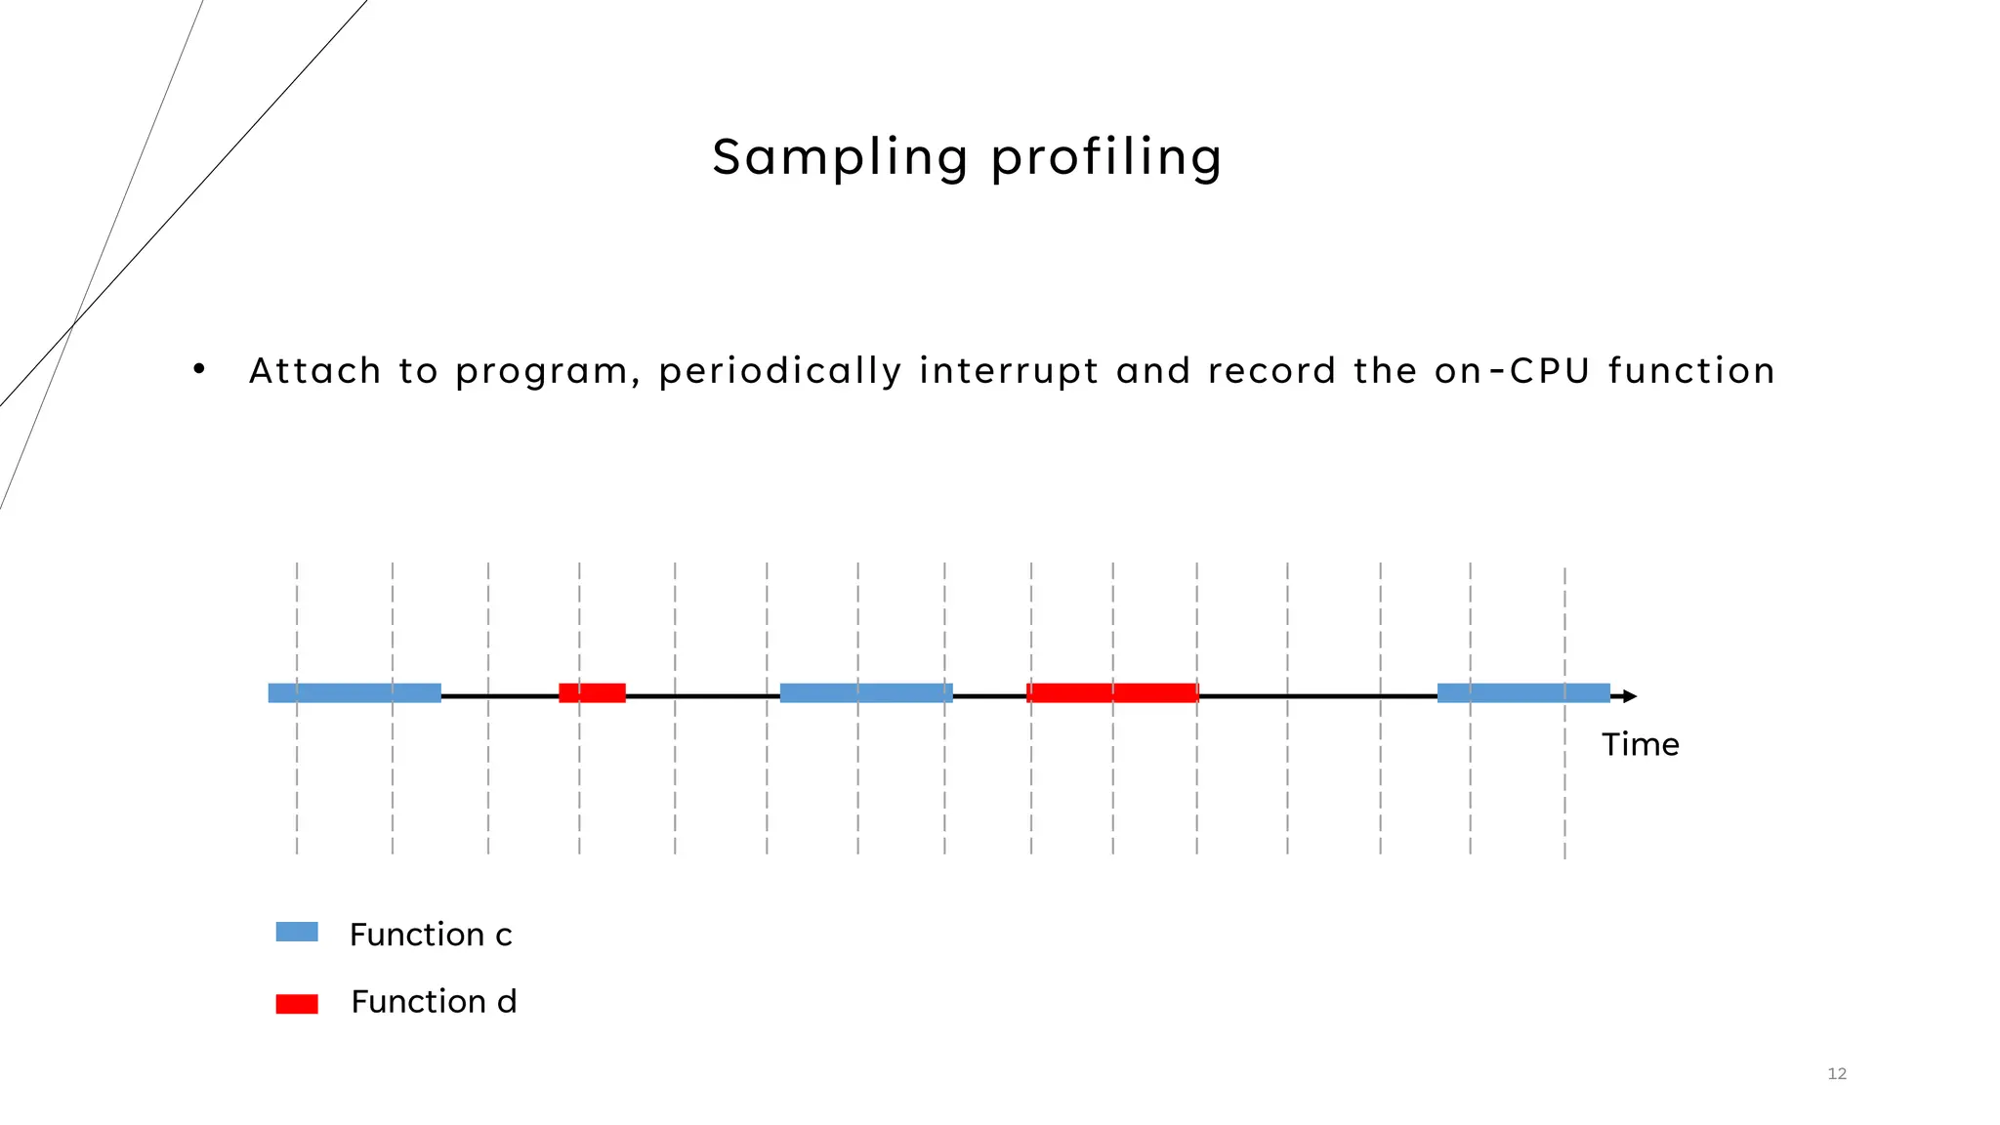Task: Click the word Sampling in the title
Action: point(840,158)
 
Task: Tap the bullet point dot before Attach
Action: point(199,369)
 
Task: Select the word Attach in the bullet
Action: point(314,371)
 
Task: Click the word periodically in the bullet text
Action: point(779,372)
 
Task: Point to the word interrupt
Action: point(1009,372)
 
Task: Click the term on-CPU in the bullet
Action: point(1512,371)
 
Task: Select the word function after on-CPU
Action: point(1690,371)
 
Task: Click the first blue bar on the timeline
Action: point(354,693)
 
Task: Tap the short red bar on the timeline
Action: point(592,693)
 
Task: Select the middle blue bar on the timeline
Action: point(866,693)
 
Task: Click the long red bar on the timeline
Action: point(1112,693)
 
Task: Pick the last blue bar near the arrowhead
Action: point(1522,693)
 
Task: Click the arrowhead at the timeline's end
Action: point(1629,696)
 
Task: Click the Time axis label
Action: point(1640,745)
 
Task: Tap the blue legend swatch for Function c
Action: point(297,932)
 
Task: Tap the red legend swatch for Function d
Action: point(297,1004)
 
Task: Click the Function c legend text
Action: point(431,935)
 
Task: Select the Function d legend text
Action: point(434,1002)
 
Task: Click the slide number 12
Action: point(1836,1074)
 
